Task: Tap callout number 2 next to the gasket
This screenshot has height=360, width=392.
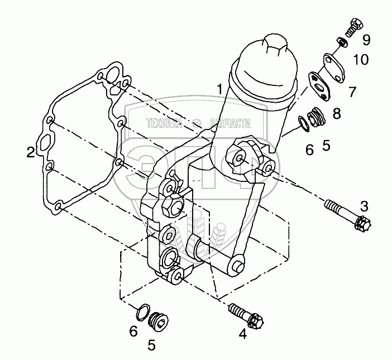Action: (x=31, y=152)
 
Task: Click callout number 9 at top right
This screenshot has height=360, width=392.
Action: (x=366, y=40)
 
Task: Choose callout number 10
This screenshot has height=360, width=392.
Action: (x=361, y=59)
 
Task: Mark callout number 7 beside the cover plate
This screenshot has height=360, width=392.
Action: (x=352, y=91)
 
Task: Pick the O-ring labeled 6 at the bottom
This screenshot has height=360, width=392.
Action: (x=144, y=310)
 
